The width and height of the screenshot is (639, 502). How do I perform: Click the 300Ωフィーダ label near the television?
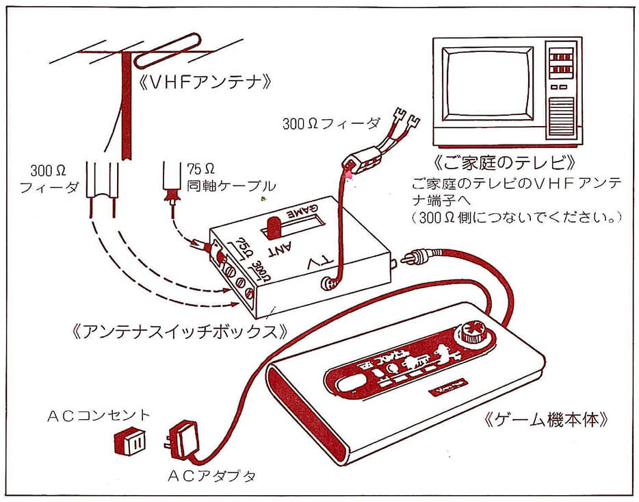[x=331, y=124]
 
